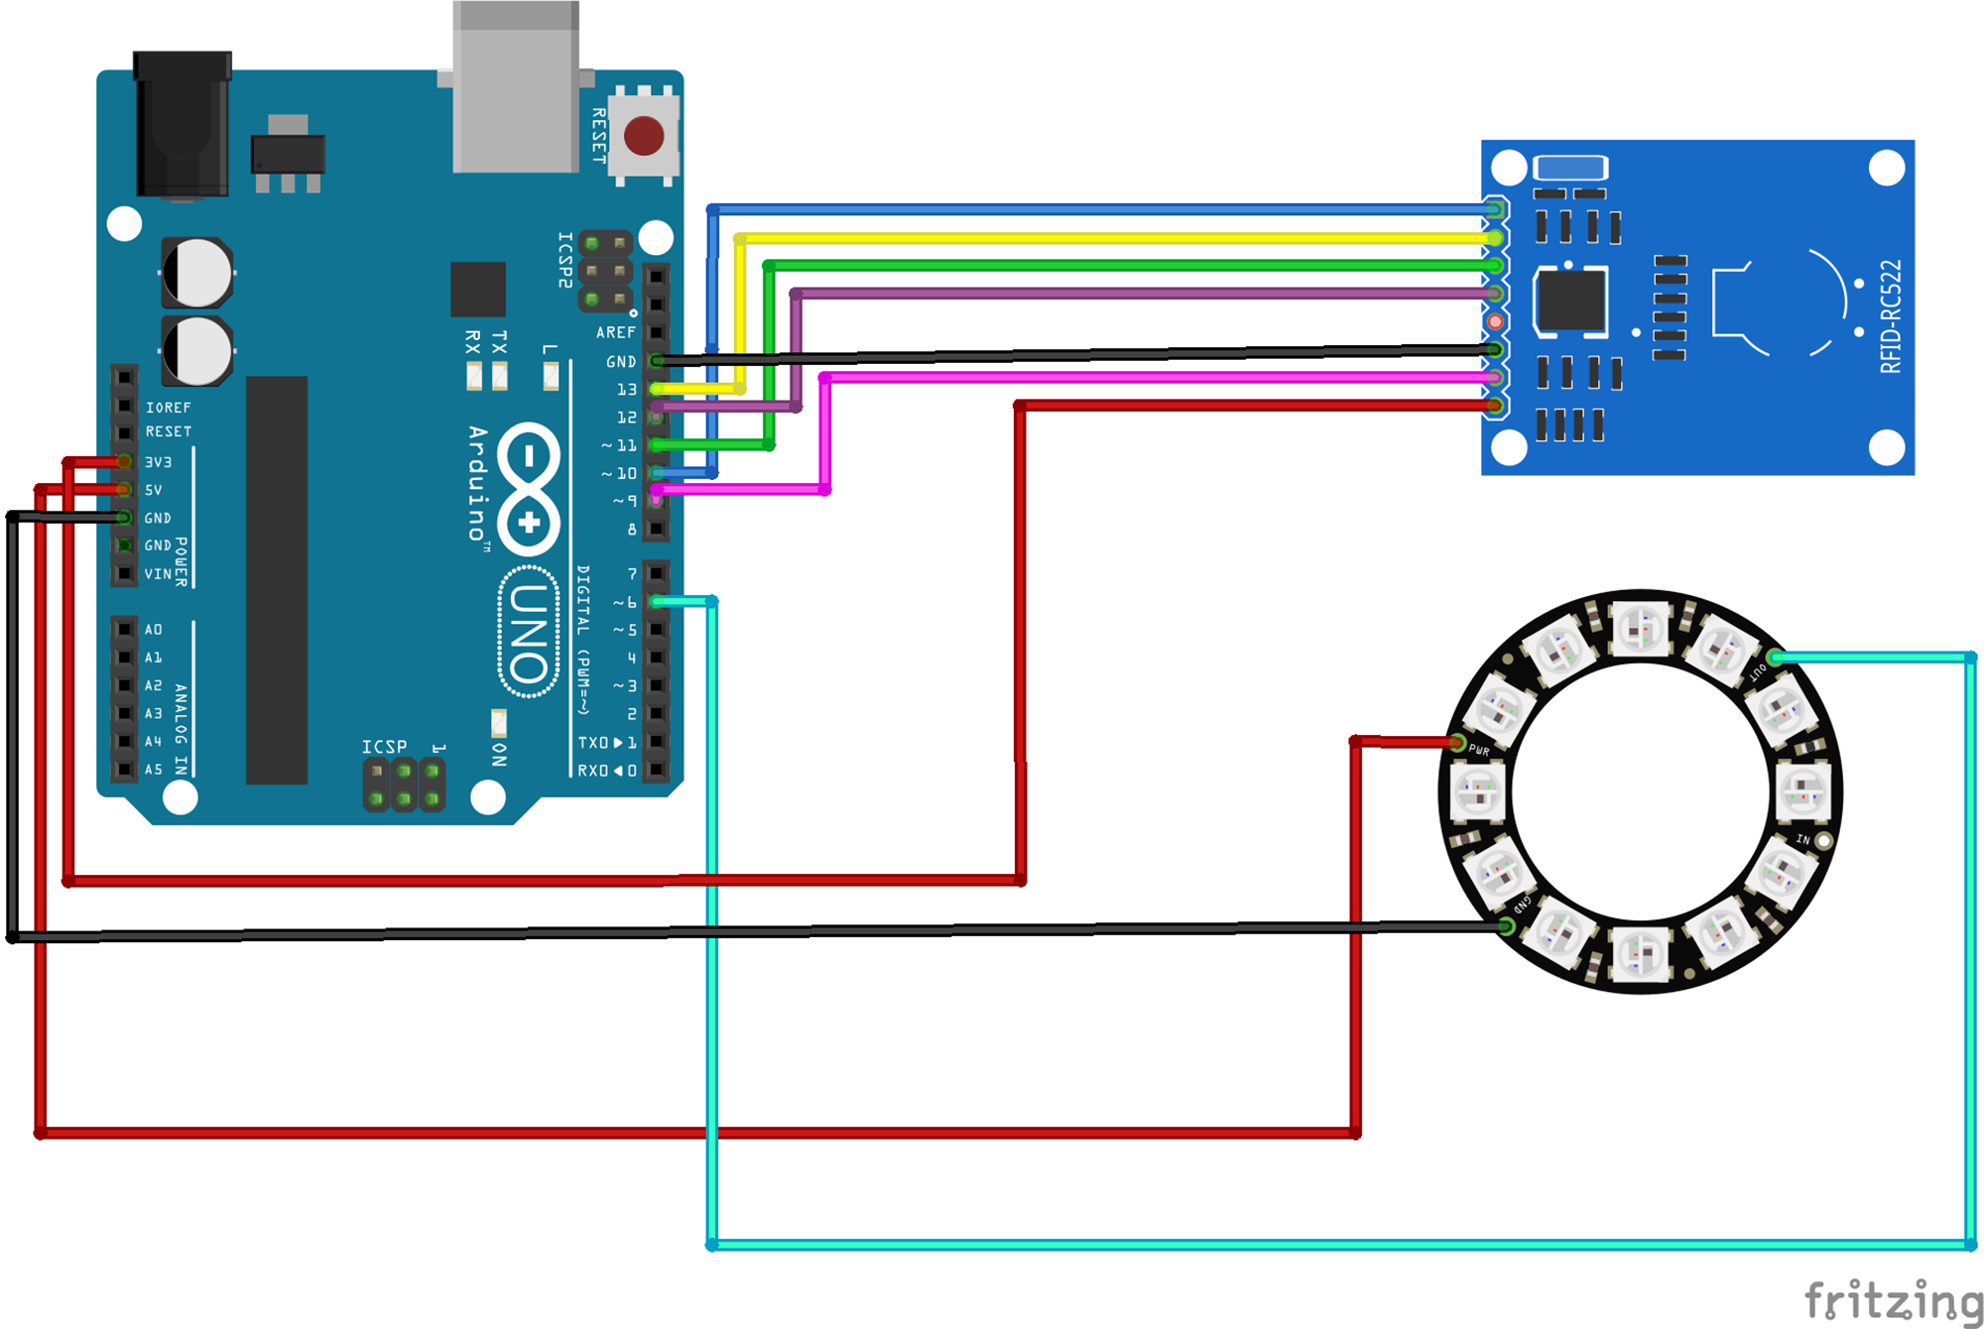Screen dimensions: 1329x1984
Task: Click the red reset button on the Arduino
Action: tap(644, 136)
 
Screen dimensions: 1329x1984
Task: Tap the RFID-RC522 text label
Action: tap(1891, 316)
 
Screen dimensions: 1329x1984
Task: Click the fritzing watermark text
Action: tap(1892, 1300)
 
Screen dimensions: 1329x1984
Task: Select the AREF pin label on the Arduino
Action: tap(615, 332)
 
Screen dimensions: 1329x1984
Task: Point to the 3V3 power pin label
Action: tap(159, 462)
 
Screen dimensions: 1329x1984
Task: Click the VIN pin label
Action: tap(158, 574)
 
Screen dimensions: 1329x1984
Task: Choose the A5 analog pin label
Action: tap(153, 770)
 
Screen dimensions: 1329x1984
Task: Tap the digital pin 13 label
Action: tap(627, 390)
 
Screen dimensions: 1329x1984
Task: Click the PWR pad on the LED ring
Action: tap(1457, 743)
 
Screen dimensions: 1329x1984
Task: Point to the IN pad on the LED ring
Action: tap(1823, 840)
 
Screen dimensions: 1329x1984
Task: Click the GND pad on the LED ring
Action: tap(1506, 926)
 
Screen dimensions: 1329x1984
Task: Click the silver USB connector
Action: tap(516, 89)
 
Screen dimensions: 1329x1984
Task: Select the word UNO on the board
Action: tap(528, 633)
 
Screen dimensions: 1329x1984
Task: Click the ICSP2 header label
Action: tap(564, 260)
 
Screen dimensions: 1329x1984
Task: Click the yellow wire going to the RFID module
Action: tap(1091, 238)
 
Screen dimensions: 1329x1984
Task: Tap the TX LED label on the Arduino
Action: tap(499, 343)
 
